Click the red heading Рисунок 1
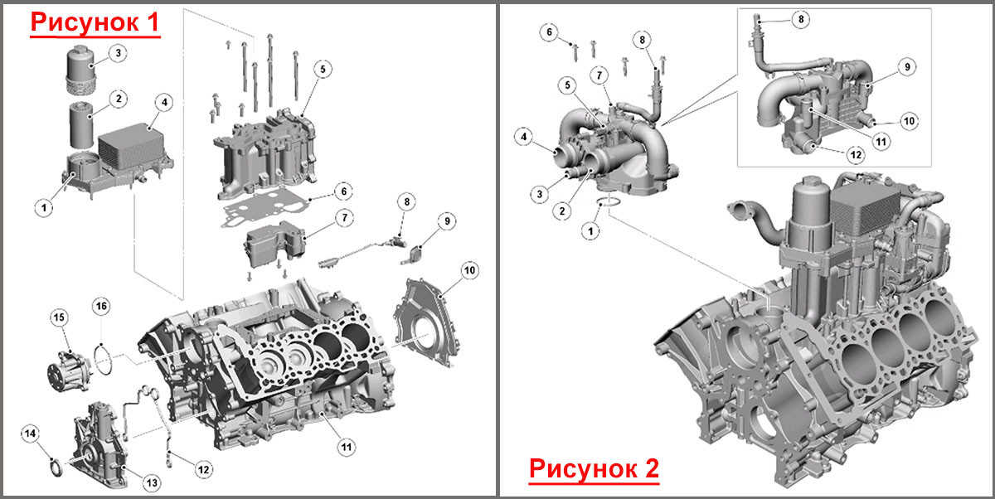(x=95, y=22)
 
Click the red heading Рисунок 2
(x=594, y=469)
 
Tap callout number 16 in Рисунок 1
(x=101, y=307)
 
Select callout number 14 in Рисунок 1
(x=30, y=434)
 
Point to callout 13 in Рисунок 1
(x=152, y=482)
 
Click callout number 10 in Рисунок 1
(x=469, y=270)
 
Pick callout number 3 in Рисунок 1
(x=118, y=54)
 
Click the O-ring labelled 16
(x=103, y=359)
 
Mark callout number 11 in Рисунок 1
(x=346, y=447)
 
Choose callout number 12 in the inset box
(x=856, y=154)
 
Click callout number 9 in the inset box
(x=907, y=67)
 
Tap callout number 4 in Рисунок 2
(x=524, y=137)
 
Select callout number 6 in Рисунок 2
(x=549, y=32)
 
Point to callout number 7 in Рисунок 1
(x=345, y=218)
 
